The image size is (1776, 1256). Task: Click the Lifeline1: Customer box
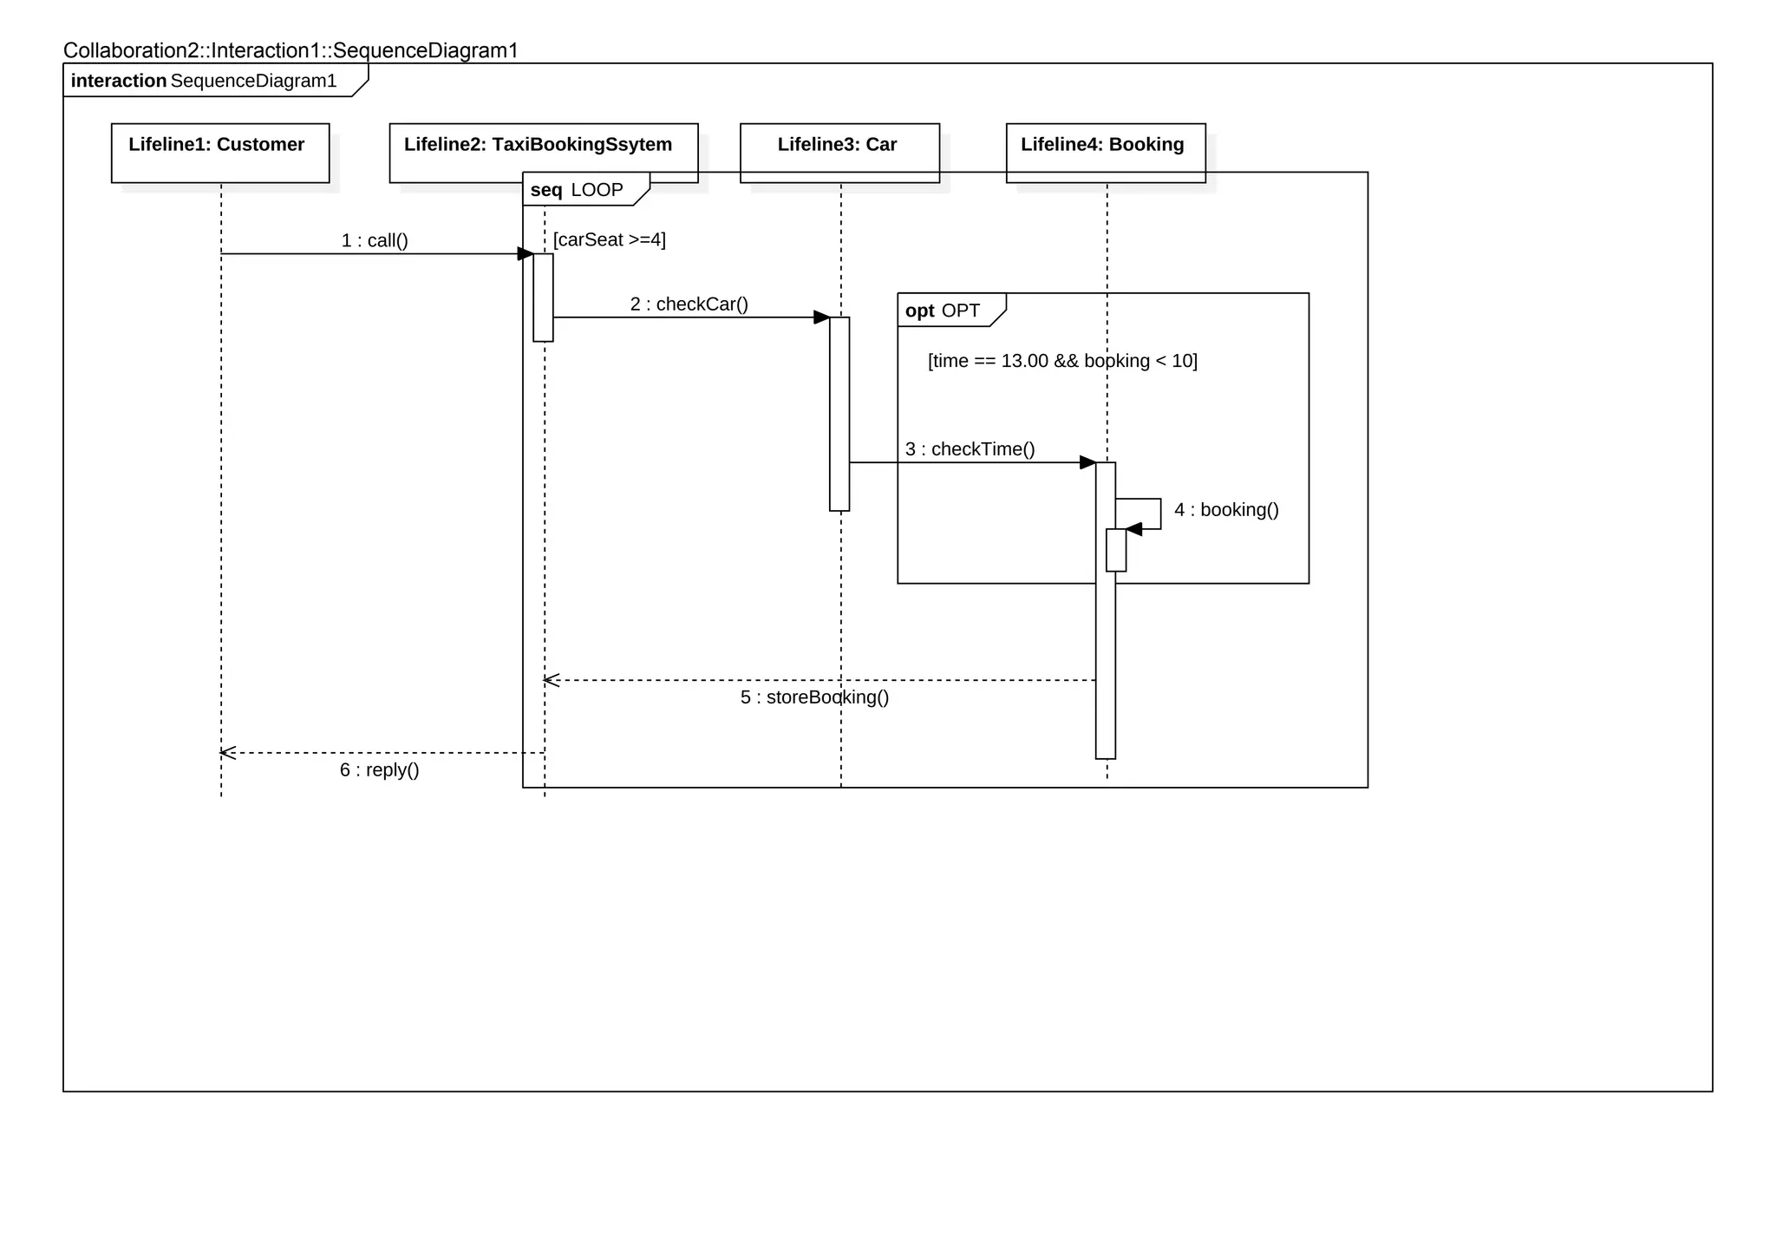220,153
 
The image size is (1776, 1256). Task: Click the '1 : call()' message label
375,240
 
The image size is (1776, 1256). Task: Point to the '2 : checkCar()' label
689,304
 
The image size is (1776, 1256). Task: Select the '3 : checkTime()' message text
970,448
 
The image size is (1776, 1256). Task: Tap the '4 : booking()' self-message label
1226,509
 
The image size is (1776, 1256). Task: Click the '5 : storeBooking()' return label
814,697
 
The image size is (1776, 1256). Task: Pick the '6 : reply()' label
379,769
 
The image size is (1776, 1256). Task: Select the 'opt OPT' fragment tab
943,311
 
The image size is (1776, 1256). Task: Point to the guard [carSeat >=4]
609,239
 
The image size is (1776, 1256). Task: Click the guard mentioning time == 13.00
1061,360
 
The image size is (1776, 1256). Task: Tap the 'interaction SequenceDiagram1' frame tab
205,81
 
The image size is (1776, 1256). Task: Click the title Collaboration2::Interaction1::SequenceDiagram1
291,50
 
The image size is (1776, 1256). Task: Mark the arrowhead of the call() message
526,253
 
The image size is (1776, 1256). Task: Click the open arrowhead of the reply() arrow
227,753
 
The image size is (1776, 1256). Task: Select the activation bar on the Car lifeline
839,413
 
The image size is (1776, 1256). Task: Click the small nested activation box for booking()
1116,550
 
